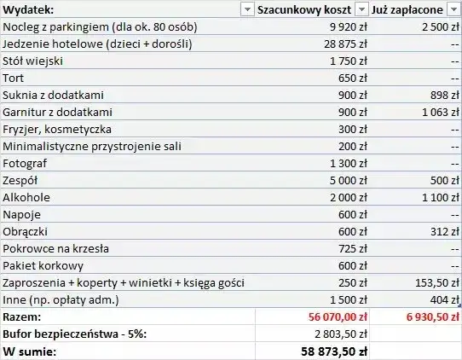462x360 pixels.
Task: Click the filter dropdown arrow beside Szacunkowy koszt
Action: click(361, 9)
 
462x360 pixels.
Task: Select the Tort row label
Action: click(14, 78)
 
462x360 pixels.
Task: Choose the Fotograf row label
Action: click(25, 163)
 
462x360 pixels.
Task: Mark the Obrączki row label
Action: click(26, 231)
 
